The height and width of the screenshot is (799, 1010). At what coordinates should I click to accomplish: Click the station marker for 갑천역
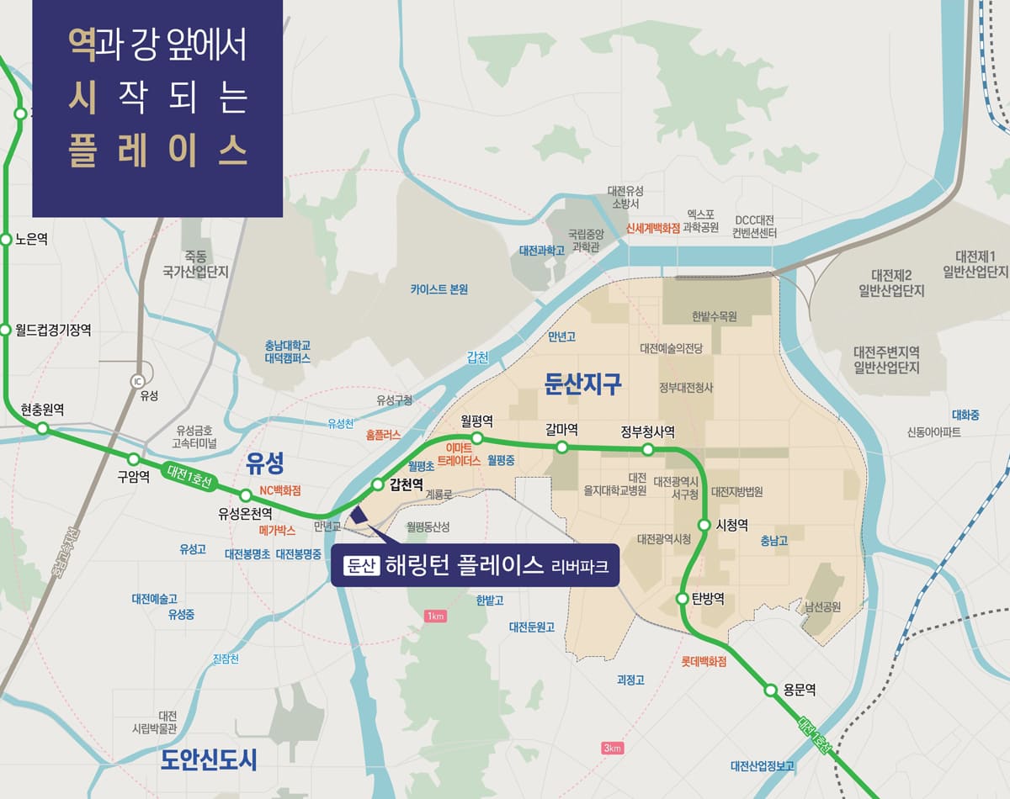[378, 484]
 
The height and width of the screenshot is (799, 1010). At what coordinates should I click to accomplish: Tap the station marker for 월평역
[476, 438]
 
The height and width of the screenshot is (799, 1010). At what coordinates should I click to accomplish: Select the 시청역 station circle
[704, 526]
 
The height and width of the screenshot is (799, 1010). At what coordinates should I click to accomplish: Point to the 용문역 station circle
[770, 690]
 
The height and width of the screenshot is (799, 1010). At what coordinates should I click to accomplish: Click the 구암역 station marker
[133, 459]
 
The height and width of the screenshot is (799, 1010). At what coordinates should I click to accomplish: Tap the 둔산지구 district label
[583, 384]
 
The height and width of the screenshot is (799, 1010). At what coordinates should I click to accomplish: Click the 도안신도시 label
[209, 759]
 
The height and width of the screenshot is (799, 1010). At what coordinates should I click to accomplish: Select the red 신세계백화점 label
[652, 228]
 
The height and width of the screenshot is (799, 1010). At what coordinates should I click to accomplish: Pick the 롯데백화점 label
[704, 662]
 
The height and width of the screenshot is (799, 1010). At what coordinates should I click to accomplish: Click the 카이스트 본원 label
[439, 289]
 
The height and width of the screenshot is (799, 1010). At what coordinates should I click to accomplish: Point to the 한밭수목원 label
[714, 317]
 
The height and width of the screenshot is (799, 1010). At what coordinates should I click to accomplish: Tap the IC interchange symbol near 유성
[138, 379]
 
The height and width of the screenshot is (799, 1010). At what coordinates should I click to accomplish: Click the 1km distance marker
[435, 616]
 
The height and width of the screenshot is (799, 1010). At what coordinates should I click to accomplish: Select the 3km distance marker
[612, 749]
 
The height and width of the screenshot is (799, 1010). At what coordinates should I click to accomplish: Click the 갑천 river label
[477, 357]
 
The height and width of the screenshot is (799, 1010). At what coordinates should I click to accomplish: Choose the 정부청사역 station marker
[647, 449]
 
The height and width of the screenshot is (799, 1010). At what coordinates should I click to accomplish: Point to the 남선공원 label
[822, 606]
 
